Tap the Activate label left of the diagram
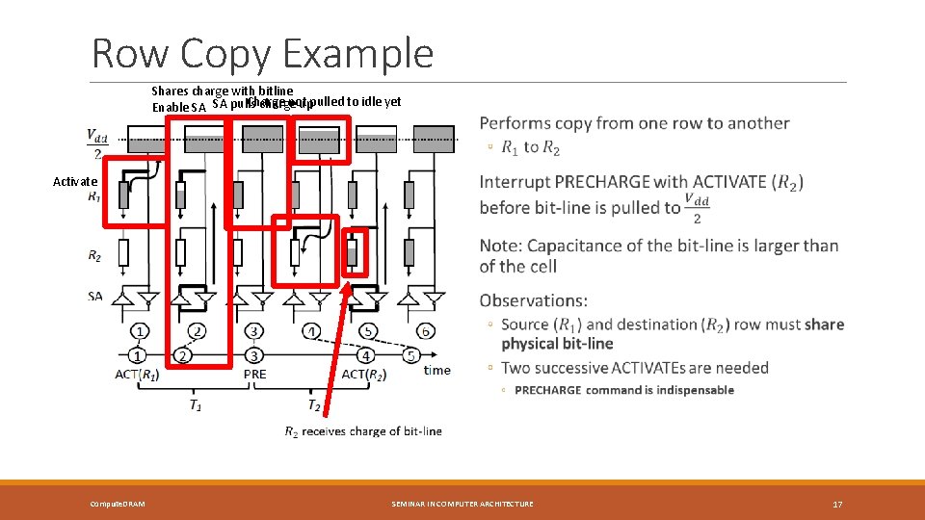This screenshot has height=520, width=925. click(x=75, y=181)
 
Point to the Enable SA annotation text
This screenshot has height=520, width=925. click(x=178, y=107)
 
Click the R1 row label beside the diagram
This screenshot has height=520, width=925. click(x=94, y=196)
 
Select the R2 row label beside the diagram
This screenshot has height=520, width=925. click(x=94, y=255)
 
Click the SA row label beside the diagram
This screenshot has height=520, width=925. click(x=94, y=297)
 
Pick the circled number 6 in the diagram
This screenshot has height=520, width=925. click(x=425, y=331)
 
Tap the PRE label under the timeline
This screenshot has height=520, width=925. click(x=255, y=375)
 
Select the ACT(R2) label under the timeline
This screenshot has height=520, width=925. click(x=367, y=375)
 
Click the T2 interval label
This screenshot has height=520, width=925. click(x=314, y=405)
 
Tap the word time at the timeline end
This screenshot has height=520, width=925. click(x=436, y=370)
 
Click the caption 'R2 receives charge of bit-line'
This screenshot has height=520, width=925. click(x=363, y=431)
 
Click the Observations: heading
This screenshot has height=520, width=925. click(x=533, y=300)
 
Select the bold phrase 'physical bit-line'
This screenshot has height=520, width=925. click(x=557, y=344)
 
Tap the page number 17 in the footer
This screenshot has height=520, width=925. click(x=836, y=504)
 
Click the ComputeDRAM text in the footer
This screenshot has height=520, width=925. click(x=118, y=504)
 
